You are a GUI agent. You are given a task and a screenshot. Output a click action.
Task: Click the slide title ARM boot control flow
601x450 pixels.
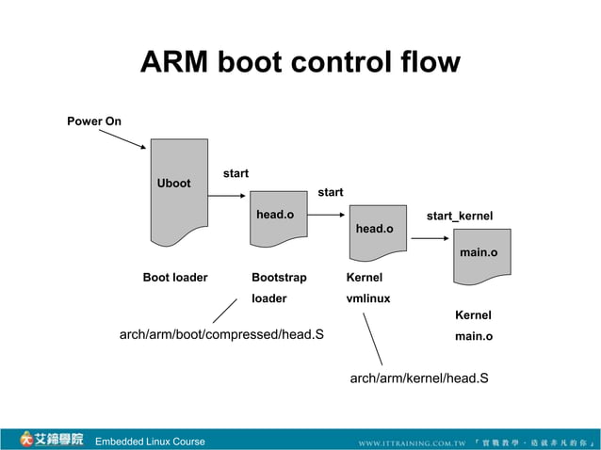(x=300, y=63)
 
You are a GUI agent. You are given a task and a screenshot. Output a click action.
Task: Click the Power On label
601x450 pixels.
(x=93, y=121)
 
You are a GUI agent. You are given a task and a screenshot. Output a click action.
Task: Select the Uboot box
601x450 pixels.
(x=179, y=191)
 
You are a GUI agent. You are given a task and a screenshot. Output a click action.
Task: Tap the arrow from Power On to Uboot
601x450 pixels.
(x=122, y=139)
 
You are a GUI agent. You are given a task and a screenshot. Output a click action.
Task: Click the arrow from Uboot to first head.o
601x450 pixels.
(x=227, y=196)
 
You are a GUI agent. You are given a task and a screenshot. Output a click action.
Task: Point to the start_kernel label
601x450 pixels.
(x=459, y=217)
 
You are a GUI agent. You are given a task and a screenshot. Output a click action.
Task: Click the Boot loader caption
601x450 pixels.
(x=175, y=278)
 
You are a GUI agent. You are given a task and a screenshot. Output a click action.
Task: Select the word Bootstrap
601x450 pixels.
(x=279, y=278)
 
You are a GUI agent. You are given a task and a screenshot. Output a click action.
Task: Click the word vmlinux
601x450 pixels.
(x=368, y=298)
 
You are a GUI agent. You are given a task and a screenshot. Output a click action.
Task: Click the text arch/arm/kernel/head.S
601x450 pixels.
(x=418, y=378)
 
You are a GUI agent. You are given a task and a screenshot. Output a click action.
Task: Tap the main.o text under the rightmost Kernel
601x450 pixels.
(x=474, y=336)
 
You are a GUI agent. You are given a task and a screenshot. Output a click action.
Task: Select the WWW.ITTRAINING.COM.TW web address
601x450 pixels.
(x=412, y=442)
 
